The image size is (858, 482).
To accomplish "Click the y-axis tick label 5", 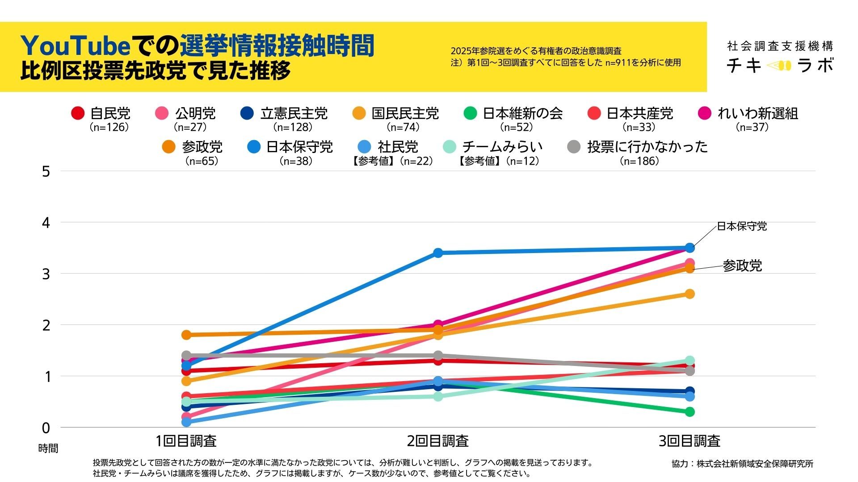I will (46, 171).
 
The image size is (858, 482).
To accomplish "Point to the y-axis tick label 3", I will (46, 274).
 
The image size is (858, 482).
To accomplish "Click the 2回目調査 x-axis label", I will (438, 441).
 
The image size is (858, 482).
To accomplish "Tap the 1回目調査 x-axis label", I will (186, 441).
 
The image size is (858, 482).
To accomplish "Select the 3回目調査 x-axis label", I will (690, 441).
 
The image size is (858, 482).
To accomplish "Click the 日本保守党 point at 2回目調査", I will (438, 253).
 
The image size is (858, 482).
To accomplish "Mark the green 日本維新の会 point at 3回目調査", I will (690, 411).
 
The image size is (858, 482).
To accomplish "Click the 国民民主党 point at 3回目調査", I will (690, 294).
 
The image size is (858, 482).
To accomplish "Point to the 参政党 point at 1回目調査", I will (186, 335).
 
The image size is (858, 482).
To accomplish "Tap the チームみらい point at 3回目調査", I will (690, 361).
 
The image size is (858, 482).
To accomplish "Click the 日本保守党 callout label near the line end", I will (742, 226).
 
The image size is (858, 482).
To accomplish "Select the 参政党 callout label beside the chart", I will (742, 266).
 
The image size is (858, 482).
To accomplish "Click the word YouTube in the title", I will (76, 46).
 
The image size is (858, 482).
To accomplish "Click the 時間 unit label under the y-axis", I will (48, 449).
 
